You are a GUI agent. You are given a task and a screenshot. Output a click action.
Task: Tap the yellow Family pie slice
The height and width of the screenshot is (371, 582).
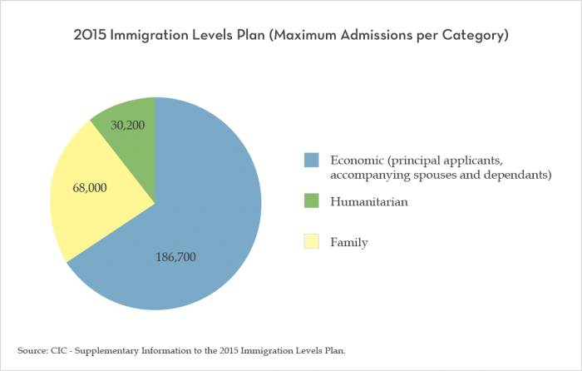[83, 200]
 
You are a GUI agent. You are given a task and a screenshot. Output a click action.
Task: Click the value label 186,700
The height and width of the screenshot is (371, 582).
[175, 257]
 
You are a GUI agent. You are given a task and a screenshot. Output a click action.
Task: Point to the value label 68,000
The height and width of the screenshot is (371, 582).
[90, 188]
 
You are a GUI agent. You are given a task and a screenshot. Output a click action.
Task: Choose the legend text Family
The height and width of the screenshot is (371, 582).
[349, 242]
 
